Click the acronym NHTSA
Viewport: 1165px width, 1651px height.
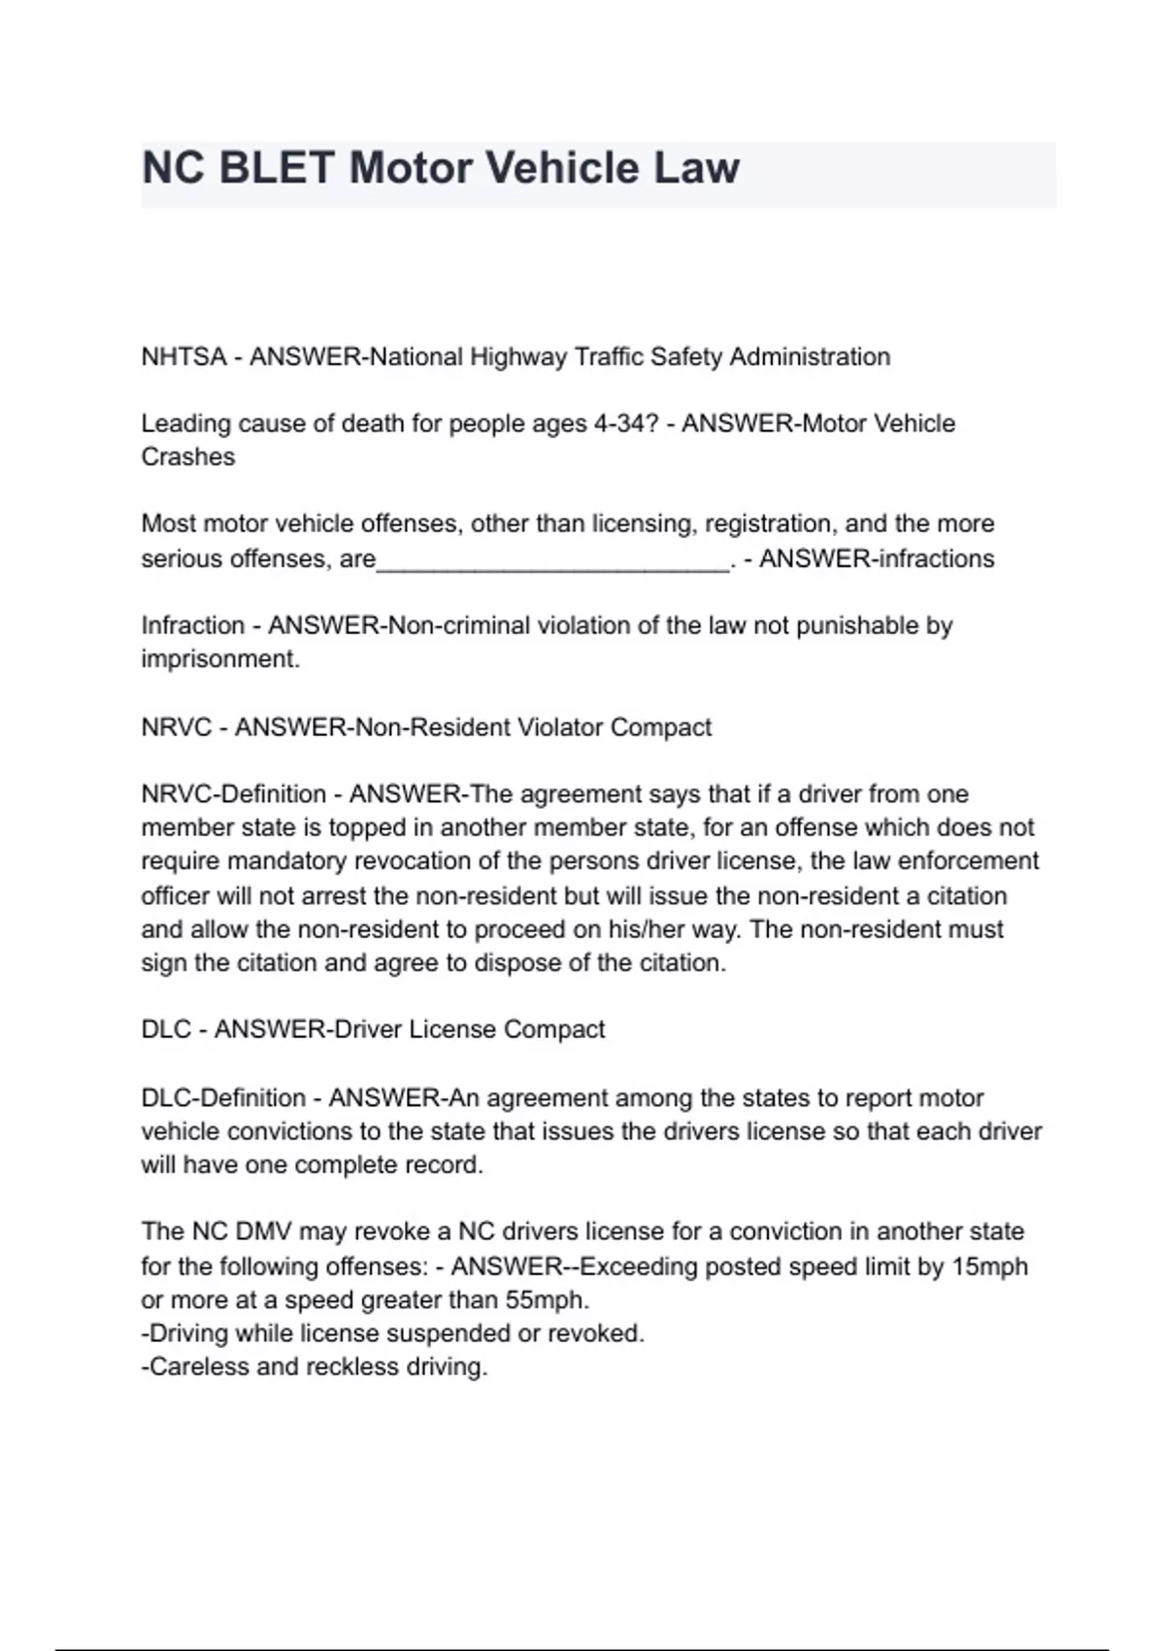coord(183,356)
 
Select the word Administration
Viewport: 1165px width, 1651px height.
coord(810,356)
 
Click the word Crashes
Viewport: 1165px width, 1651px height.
coord(188,456)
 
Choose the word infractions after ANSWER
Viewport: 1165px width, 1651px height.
coord(935,558)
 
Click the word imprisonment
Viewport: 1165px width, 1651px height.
coord(219,658)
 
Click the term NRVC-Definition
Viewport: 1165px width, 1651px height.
coord(234,793)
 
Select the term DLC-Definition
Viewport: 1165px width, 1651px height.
coord(223,1097)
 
